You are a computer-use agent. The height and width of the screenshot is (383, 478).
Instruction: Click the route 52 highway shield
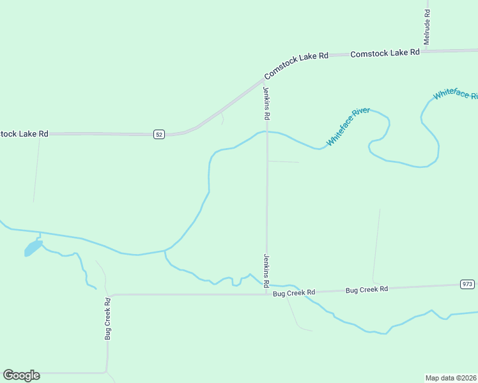tap(159, 134)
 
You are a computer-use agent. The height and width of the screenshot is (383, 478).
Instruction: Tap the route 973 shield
tap(467, 283)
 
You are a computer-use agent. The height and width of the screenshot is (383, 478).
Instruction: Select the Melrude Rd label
tap(427, 27)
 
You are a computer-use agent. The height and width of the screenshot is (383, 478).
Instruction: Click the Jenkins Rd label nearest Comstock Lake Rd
tap(267, 104)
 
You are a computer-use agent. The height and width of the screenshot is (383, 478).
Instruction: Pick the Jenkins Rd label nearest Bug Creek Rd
tap(267, 269)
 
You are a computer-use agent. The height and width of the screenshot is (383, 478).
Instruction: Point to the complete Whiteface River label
tap(348, 126)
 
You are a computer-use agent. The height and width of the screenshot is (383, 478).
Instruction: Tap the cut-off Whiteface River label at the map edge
tap(455, 94)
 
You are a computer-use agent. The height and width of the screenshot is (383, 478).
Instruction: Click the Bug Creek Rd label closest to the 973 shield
tap(367, 290)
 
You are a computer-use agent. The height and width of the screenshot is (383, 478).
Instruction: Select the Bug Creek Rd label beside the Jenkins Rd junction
tap(294, 293)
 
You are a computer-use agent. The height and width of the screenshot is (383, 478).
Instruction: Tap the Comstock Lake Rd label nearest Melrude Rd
tap(385, 53)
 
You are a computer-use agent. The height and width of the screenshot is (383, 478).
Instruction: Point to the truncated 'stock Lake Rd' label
tap(24, 134)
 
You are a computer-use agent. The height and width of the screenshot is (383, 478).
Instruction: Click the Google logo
tap(21, 375)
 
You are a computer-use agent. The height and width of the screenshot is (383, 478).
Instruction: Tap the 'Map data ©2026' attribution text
tap(451, 377)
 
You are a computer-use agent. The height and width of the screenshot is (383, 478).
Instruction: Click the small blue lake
tap(32, 248)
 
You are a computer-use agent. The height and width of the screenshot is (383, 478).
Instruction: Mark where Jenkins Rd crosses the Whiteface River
tap(267, 132)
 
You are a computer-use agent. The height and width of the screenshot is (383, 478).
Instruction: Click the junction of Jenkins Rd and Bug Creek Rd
tap(267, 294)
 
